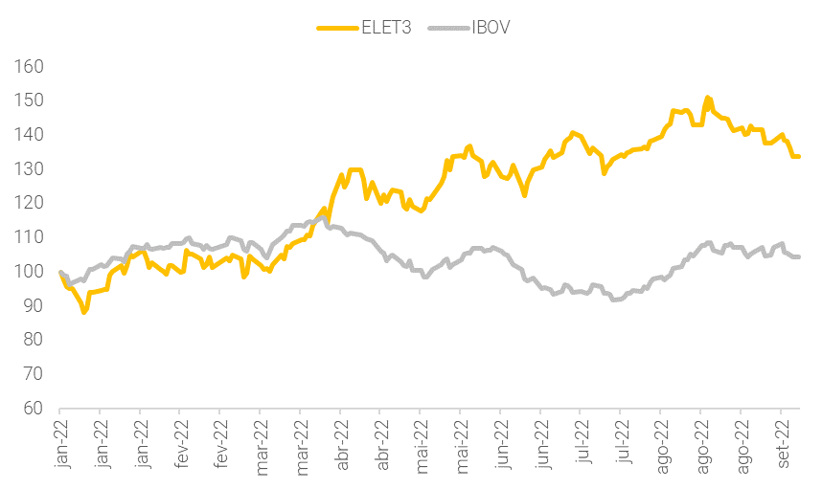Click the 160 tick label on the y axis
(30, 67)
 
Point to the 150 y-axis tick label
(30, 101)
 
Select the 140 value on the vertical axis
(30, 135)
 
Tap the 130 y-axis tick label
(30, 169)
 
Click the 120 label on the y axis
(30, 204)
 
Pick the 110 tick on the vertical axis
(30, 237)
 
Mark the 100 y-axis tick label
(30, 272)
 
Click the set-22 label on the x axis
(783, 443)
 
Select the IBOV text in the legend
(491, 27)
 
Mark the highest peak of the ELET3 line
(707, 98)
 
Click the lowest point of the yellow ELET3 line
(84, 312)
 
